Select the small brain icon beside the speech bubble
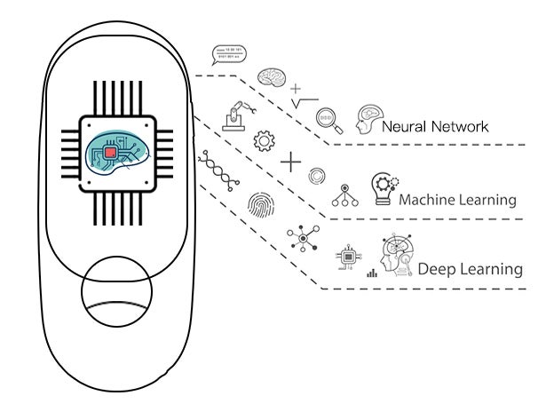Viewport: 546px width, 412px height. click(x=269, y=77)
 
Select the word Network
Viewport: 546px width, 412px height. click(x=458, y=126)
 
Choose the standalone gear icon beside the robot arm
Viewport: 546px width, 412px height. click(x=262, y=140)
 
